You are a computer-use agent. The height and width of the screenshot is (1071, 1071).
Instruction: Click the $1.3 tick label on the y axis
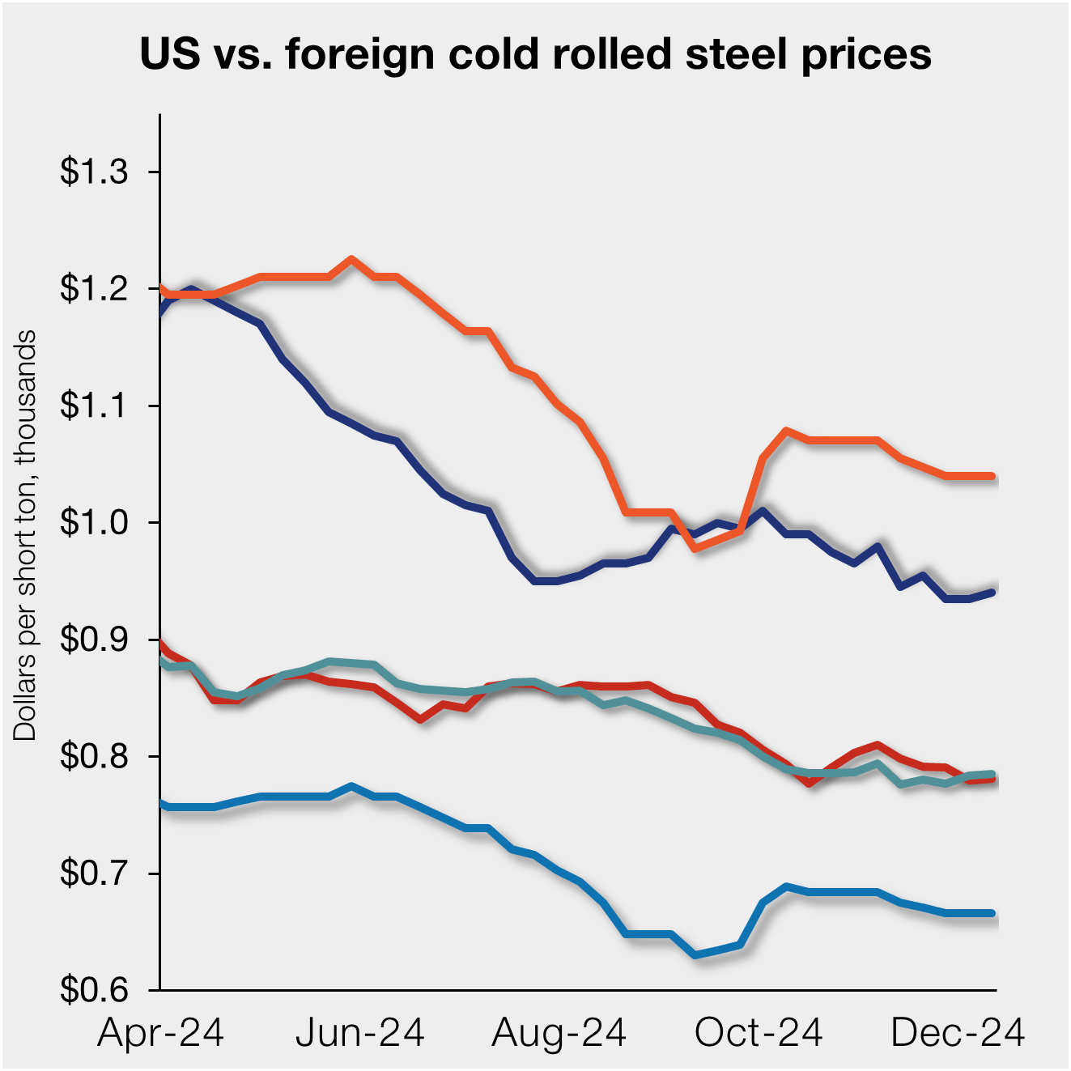click(x=94, y=172)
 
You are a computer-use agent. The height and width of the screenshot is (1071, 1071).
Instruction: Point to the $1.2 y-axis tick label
click(x=94, y=289)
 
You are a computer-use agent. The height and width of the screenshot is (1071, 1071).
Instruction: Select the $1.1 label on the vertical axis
click(x=94, y=406)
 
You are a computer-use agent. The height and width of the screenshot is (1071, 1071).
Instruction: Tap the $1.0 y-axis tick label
click(x=94, y=523)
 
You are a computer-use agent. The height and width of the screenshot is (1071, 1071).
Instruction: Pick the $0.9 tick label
click(x=94, y=640)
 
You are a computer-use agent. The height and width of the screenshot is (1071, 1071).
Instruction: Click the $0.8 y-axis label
click(x=94, y=757)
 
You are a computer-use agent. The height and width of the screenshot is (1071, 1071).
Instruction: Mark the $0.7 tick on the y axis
click(x=94, y=873)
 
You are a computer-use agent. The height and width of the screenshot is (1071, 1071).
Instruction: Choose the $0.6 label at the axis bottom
click(x=94, y=990)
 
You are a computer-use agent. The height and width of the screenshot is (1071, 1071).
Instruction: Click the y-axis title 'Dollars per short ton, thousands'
click(x=26, y=534)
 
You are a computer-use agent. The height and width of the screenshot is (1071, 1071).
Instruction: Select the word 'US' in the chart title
click(x=170, y=55)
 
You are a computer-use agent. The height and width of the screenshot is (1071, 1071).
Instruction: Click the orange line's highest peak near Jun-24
click(x=351, y=259)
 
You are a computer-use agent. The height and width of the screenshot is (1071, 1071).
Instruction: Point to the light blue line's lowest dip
click(x=695, y=955)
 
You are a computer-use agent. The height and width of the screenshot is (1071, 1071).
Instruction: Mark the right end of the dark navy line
click(x=993, y=593)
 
